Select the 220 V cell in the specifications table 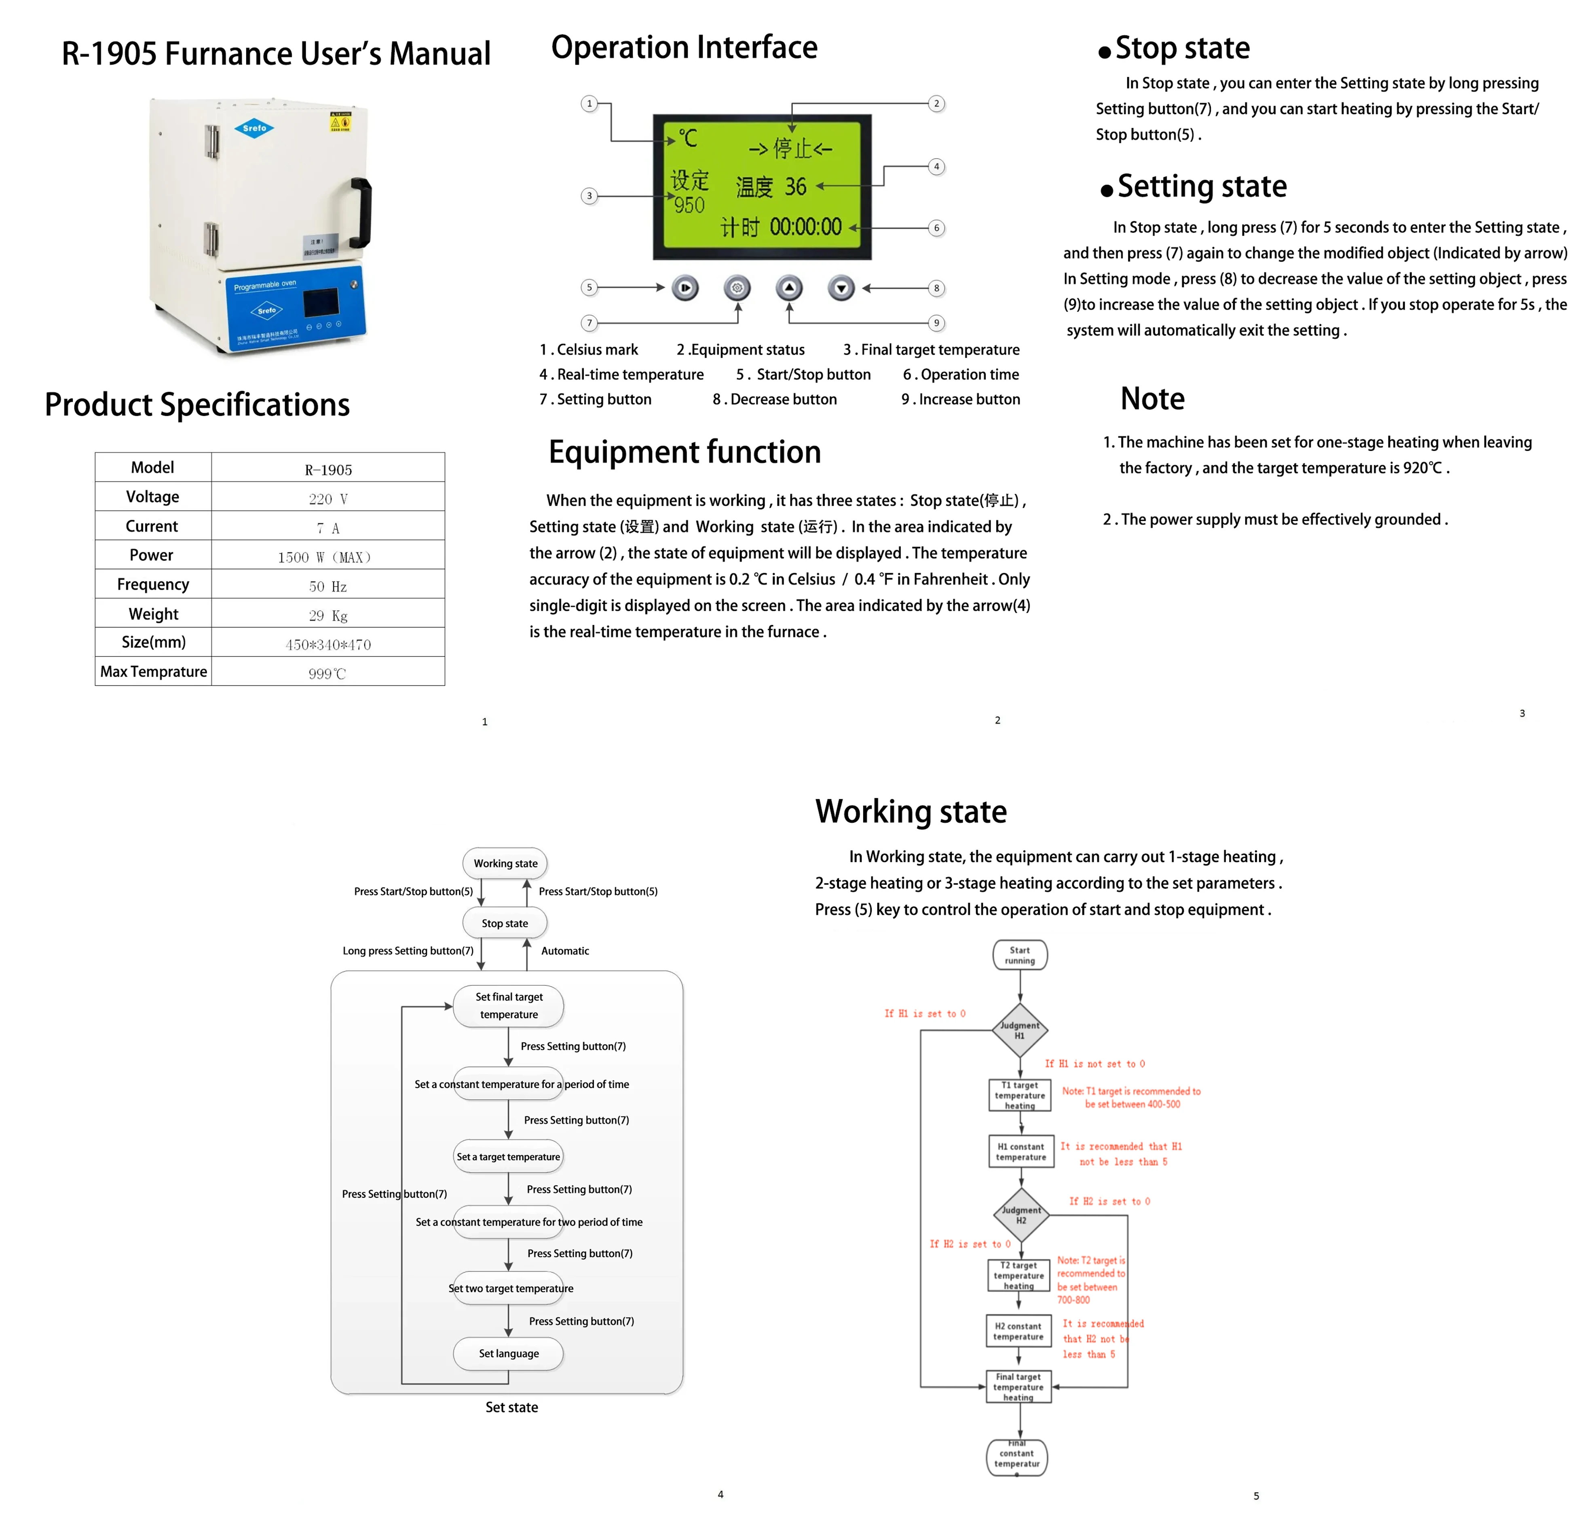[328, 499]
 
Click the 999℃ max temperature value [328, 673]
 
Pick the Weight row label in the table [153, 614]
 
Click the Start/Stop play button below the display [685, 288]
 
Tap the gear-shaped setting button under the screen [737, 288]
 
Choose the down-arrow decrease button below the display [841, 288]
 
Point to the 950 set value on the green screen [689, 206]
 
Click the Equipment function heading [684, 452]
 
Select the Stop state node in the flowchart [505, 923]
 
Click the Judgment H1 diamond [1020, 1030]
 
